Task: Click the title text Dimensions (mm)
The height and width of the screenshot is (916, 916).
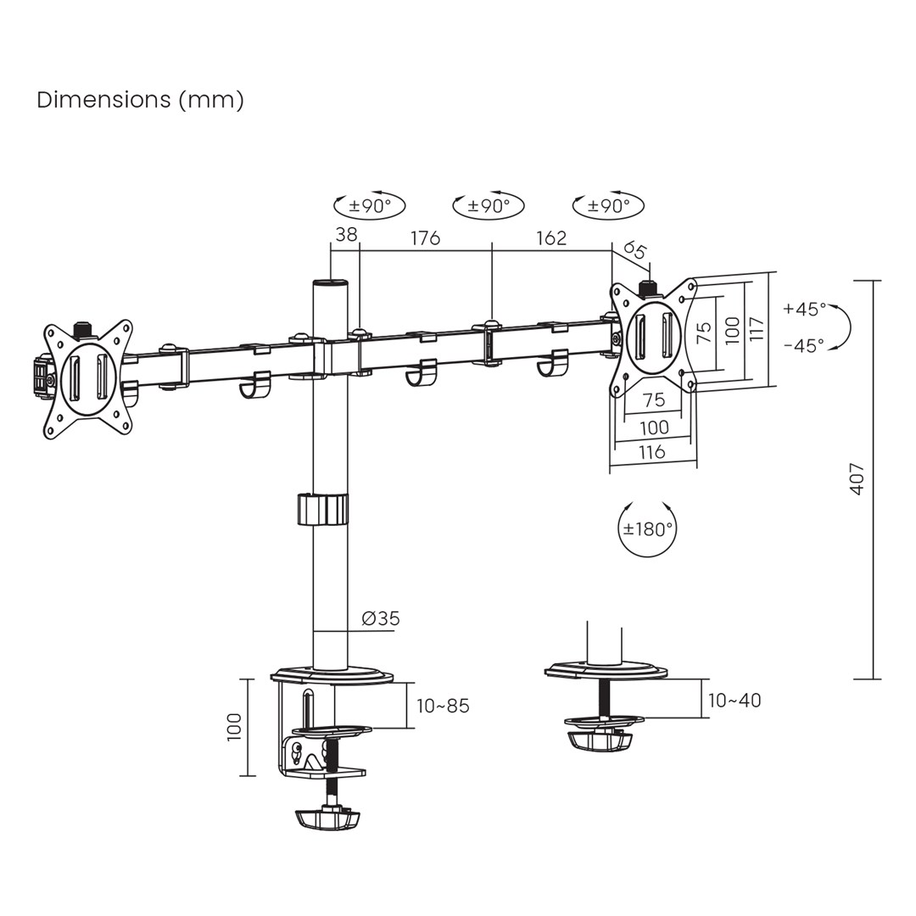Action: pyautogui.click(x=140, y=100)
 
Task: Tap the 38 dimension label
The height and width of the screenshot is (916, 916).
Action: pyautogui.click(x=346, y=235)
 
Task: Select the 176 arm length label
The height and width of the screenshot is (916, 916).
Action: pyautogui.click(x=426, y=237)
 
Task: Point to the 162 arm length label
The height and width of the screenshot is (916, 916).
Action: pyautogui.click(x=550, y=237)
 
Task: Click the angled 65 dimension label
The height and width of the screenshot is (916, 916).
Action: pyautogui.click(x=634, y=250)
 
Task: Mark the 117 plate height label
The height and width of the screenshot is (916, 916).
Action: pyautogui.click(x=757, y=329)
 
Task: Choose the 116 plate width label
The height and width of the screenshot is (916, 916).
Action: pyautogui.click(x=651, y=452)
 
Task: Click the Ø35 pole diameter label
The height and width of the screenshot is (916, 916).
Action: pyautogui.click(x=380, y=618)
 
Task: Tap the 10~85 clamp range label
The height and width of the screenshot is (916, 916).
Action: pyautogui.click(x=443, y=707)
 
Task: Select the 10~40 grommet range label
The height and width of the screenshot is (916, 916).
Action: pyautogui.click(x=734, y=701)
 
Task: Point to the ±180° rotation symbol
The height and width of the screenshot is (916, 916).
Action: pyautogui.click(x=648, y=529)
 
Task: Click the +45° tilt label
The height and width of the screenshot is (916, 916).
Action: pyautogui.click(x=803, y=309)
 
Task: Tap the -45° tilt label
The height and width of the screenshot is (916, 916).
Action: pyautogui.click(x=803, y=345)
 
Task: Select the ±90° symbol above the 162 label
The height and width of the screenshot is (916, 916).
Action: pyautogui.click(x=608, y=206)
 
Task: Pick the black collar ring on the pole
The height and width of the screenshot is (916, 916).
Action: pyautogui.click(x=322, y=509)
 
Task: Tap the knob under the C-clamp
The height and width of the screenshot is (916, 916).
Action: pyautogui.click(x=327, y=820)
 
